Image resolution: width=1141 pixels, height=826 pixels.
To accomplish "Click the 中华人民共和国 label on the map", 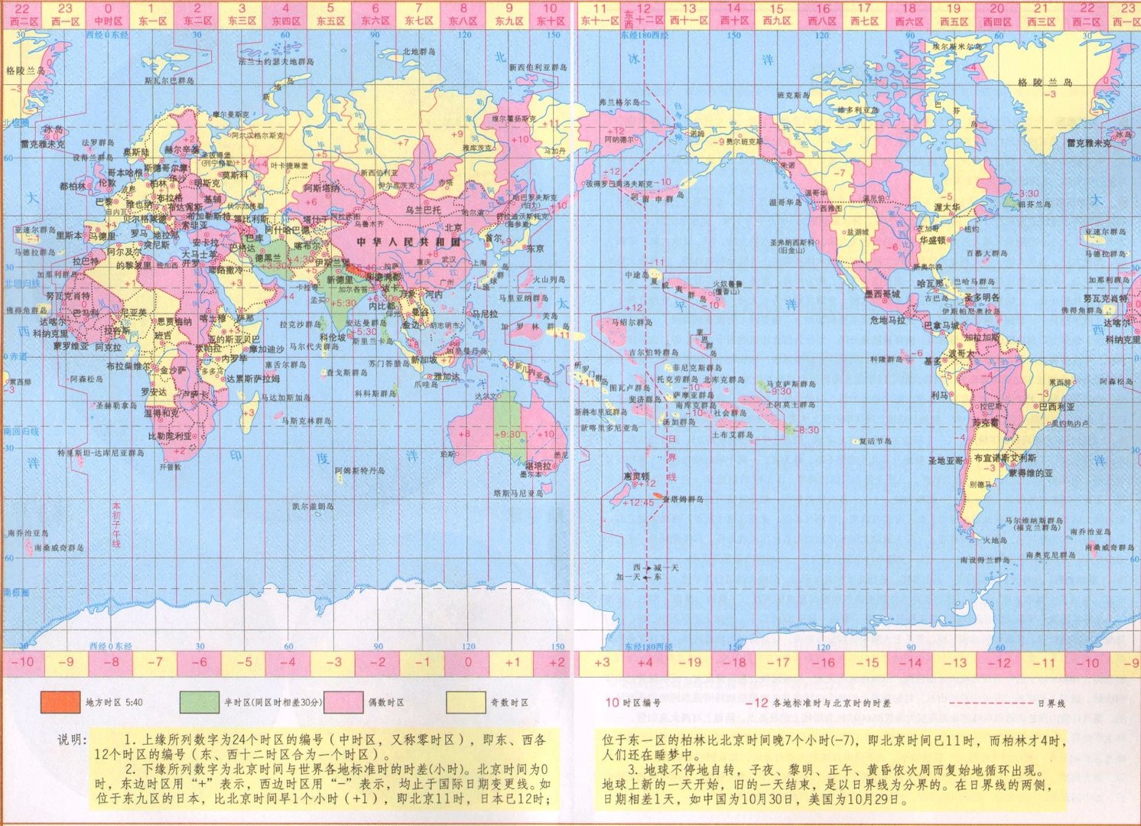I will pyautogui.click(x=408, y=242).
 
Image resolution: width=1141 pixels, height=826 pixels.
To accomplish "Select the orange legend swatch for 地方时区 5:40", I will pyautogui.click(x=60, y=702).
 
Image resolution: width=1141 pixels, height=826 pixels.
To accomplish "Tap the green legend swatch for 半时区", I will pyautogui.click(x=199, y=702).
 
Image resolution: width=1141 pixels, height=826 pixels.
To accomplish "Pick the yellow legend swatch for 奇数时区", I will pyautogui.click(x=466, y=702).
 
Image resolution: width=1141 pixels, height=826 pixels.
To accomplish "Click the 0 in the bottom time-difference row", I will pyautogui.click(x=468, y=662).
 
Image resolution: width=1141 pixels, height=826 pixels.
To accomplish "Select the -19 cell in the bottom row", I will pyautogui.click(x=689, y=662).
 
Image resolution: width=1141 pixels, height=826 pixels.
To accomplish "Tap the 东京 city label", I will pyautogui.click(x=535, y=249).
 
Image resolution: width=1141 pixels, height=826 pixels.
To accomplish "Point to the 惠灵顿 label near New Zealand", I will pyautogui.click(x=636, y=475).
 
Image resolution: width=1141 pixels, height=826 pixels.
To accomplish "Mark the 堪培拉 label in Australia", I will pyautogui.click(x=538, y=465).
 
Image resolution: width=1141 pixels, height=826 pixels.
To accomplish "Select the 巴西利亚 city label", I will pyautogui.click(x=1056, y=407).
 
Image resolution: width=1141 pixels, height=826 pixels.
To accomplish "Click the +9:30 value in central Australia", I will pyautogui.click(x=507, y=434).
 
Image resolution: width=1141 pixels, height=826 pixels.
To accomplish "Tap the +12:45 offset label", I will pyautogui.click(x=638, y=502).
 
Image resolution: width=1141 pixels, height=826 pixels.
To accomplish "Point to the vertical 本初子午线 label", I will pyautogui.click(x=116, y=524).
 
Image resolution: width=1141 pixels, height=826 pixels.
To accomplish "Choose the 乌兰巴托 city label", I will pyautogui.click(x=423, y=209).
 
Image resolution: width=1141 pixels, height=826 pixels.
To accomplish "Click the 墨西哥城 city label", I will pyautogui.click(x=882, y=294).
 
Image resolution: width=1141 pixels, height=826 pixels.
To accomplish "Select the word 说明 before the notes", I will pyautogui.click(x=73, y=740).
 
